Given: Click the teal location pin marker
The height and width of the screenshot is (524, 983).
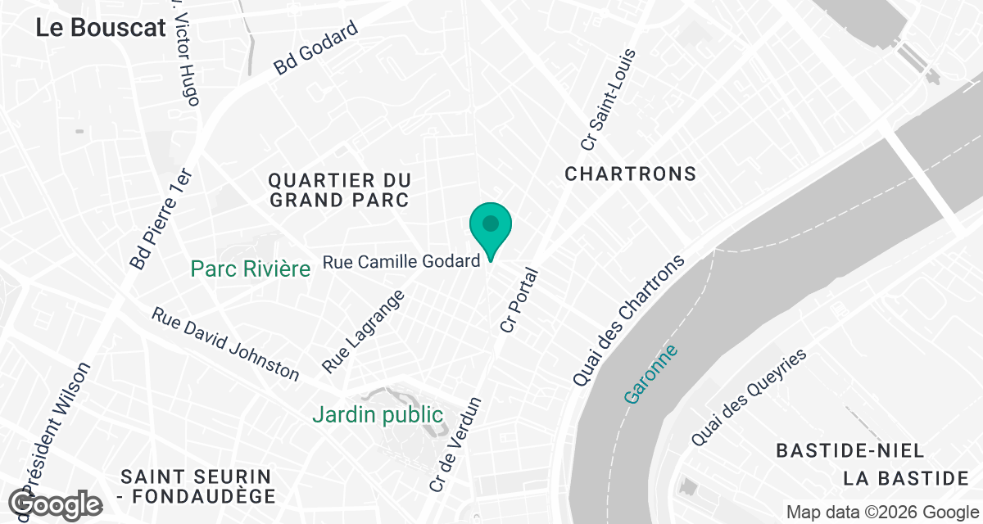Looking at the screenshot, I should point(491,227).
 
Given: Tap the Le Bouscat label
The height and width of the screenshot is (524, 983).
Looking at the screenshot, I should point(101,27).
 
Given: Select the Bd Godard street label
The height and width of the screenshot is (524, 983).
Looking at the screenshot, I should point(316,48).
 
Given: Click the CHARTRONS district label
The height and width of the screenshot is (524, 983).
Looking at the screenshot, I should point(631,174).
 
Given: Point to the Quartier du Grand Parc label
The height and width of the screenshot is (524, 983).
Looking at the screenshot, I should point(339,189).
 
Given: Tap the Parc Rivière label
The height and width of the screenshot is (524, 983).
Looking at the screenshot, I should point(251,269).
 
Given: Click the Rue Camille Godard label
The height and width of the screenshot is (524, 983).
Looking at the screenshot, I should point(401,262).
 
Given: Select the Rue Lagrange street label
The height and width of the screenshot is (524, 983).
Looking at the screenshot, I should point(364,331).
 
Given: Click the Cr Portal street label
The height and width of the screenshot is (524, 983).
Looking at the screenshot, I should point(519,300).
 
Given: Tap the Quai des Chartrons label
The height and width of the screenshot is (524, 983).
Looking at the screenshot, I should point(628,321).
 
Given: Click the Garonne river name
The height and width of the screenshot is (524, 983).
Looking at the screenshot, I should point(651,374).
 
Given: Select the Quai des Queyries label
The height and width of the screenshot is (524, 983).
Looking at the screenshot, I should point(749,398).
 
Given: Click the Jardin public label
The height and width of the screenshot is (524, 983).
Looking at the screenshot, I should point(378,415).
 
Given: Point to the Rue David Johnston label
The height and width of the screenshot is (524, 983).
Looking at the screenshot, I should point(226,344).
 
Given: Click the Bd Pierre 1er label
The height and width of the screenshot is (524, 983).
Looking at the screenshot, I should point(161,219).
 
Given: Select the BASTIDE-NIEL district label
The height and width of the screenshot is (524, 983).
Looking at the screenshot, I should point(850,451).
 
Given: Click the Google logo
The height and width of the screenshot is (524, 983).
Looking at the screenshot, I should point(56,504).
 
